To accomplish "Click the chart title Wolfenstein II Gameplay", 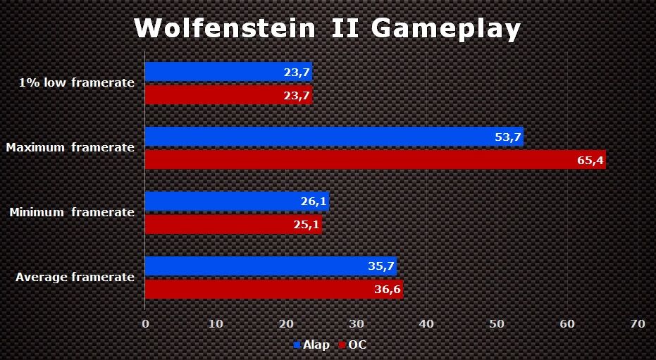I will click(328, 28).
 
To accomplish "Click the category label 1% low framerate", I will click(77, 83).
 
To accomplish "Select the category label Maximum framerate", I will click(70, 148).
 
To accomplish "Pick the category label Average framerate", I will click(75, 278).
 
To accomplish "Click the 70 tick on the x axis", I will click(637, 323).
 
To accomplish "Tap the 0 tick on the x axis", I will click(145, 323).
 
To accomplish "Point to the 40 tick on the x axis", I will click(426, 323).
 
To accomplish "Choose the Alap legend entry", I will click(311, 345).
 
